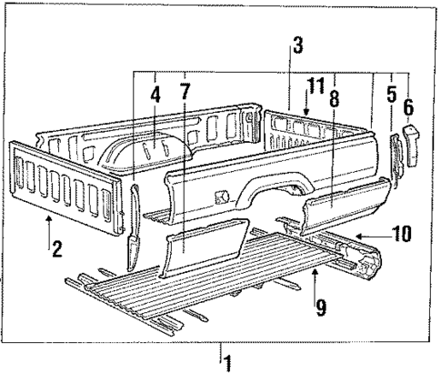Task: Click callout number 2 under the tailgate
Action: [57, 246]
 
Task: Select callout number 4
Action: [155, 94]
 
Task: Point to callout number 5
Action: [392, 94]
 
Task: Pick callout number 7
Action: [185, 94]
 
